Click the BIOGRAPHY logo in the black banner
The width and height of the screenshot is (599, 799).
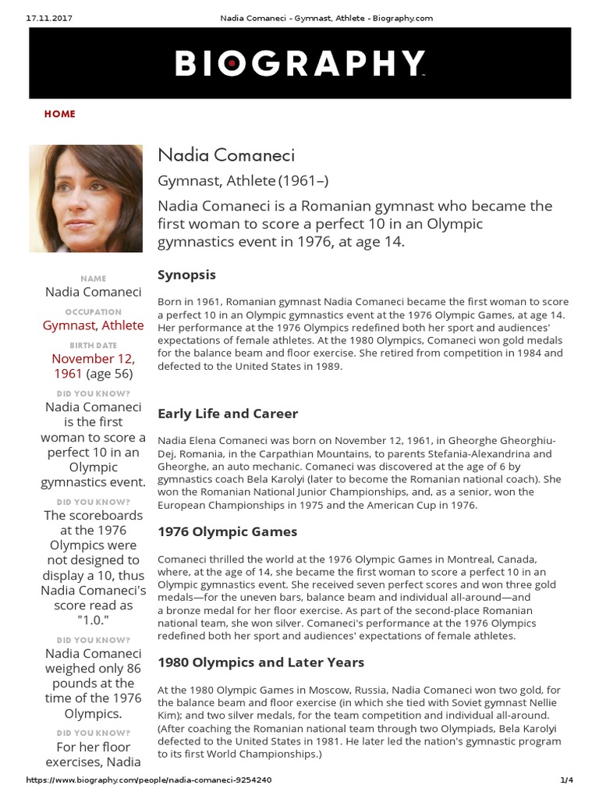(x=299, y=64)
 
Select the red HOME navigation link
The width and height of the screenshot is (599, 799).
(x=60, y=114)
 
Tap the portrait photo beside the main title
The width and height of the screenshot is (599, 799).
(x=86, y=198)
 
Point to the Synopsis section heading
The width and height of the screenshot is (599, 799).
(x=186, y=275)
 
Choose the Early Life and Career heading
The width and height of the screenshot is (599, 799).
(x=228, y=413)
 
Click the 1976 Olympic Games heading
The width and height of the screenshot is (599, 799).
(x=227, y=531)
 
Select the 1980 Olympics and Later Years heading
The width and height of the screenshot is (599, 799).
(x=261, y=662)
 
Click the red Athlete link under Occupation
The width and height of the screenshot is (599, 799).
(x=122, y=325)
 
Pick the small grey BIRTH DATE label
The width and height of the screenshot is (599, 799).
(x=94, y=344)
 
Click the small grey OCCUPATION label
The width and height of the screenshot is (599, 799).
(x=94, y=311)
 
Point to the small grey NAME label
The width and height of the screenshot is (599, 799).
(x=94, y=279)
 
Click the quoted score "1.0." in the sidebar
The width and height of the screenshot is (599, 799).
(x=94, y=620)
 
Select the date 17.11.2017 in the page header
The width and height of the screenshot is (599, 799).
(x=39, y=18)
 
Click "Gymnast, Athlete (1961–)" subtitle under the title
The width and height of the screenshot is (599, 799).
(x=243, y=181)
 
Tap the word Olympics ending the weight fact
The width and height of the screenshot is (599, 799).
(x=94, y=713)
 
